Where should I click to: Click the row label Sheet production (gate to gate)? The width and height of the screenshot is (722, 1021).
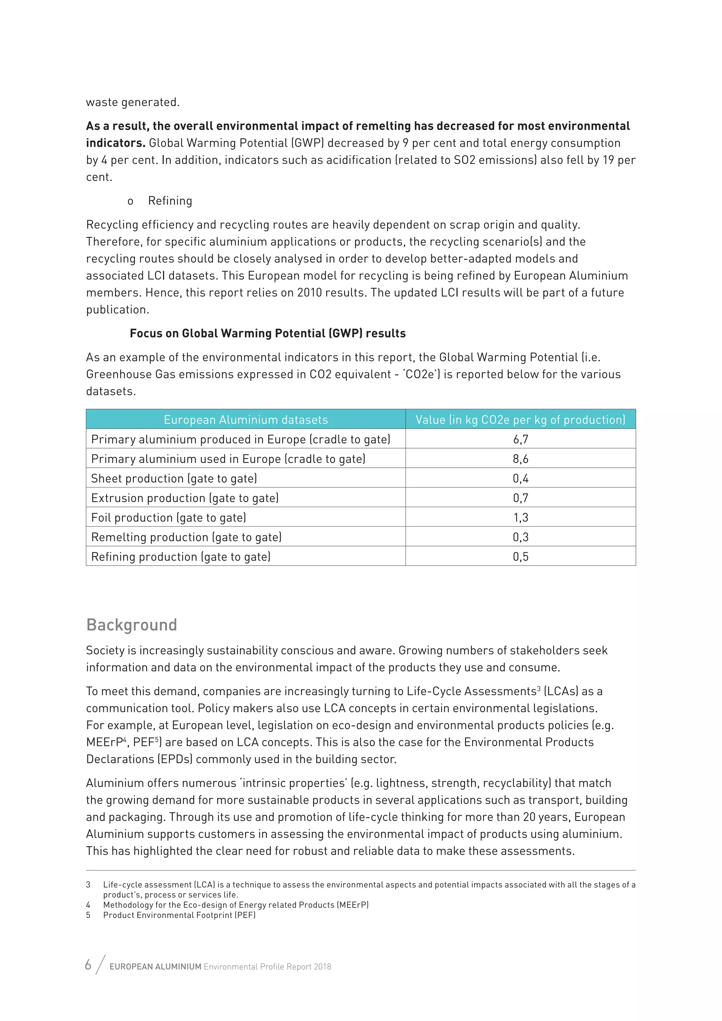174,478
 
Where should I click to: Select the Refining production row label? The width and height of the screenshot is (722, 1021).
180,557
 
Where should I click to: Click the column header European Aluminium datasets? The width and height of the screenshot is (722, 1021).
245,420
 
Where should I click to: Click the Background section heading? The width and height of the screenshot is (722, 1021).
131,625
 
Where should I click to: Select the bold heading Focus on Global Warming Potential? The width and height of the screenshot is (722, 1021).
267,334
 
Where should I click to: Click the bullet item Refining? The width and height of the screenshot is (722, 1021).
170,201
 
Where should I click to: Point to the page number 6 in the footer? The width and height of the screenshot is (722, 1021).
88,965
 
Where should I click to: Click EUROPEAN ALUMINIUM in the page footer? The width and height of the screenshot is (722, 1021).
155,967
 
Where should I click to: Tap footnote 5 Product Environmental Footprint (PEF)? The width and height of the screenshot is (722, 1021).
179,915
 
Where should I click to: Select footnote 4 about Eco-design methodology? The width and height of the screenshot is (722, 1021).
235,905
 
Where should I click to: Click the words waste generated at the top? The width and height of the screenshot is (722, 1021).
133,102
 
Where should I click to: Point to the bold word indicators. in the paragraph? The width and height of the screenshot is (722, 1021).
116,143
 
